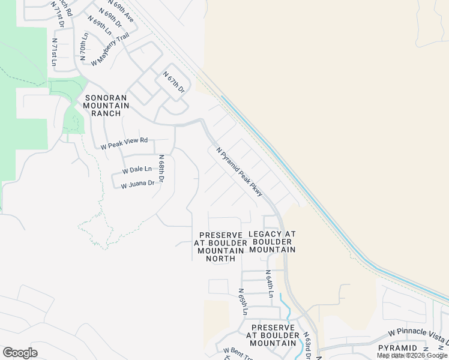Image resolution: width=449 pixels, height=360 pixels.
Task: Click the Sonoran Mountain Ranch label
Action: (x=107, y=105)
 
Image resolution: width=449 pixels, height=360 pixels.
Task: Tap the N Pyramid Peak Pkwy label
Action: (x=240, y=172)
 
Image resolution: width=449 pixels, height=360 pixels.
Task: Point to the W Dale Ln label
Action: (x=137, y=170)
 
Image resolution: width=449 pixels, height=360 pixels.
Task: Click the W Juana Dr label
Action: (x=137, y=185)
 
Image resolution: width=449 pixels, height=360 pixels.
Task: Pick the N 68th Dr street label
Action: (x=161, y=169)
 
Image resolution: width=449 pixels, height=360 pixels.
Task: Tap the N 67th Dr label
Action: (x=174, y=82)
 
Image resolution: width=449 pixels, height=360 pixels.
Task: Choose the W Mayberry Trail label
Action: (x=110, y=49)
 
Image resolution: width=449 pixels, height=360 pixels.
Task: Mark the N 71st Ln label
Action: (x=54, y=52)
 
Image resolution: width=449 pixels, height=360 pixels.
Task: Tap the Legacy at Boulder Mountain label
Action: (x=272, y=241)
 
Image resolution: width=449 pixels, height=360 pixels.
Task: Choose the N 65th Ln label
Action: (x=243, y=305)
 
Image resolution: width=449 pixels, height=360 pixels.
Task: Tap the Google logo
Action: (x=20, y=353)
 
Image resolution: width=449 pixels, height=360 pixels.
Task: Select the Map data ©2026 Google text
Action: (x=412, y=356)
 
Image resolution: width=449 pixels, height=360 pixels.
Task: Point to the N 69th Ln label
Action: (x=100, y=26)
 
